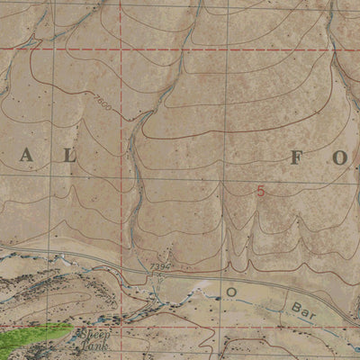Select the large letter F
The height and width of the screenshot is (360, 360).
(299, 158)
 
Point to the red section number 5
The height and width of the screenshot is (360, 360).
(261, 191)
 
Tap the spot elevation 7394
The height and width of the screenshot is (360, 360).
(159, 267)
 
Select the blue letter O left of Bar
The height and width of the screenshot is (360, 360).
(230, 292)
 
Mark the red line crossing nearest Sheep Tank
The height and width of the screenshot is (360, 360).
(121, 327)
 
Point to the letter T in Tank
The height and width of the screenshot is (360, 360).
(81, 344)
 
